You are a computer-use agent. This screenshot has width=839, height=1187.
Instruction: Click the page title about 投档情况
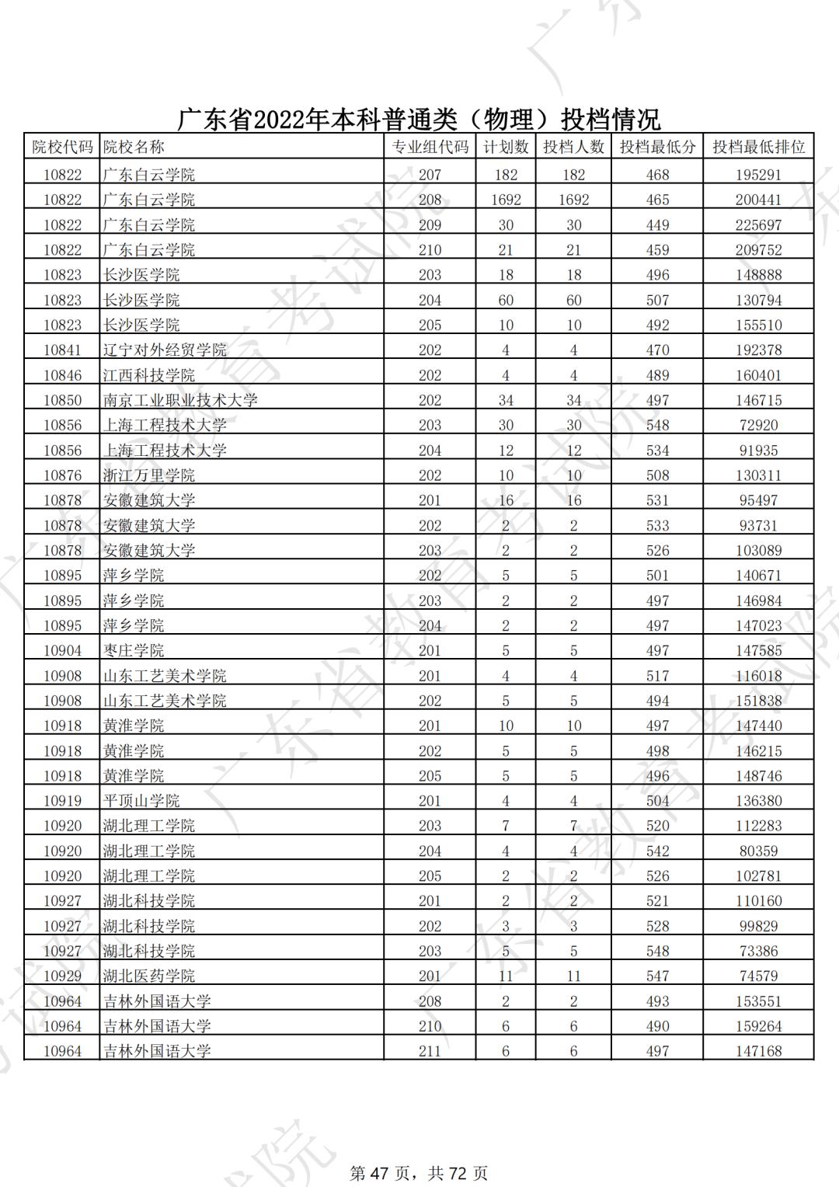click(x=419, y=119)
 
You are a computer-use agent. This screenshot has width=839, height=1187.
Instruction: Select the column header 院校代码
click(x=62, y=147)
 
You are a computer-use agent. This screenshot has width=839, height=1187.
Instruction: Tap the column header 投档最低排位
click(x=758, y=147)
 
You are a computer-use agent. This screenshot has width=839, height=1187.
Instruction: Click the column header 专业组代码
click(x=430, y=147)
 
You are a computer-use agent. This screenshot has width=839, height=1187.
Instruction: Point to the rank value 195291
click(x=758, y=175)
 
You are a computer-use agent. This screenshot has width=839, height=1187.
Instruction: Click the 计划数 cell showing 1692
click(x=506, y=200)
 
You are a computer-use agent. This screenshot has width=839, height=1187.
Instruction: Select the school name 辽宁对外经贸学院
click(x=165, y=350)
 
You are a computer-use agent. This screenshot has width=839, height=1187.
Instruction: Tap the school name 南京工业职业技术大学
click(x=180, y=401)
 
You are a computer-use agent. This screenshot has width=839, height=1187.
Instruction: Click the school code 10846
click(x=62, y=375)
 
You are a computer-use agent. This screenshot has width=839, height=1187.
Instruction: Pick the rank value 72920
click(x=758, y=426)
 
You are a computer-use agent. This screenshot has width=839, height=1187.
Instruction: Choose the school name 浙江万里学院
click(x=149, y=475)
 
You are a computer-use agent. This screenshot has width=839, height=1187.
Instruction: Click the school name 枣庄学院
click(x=134, y=651)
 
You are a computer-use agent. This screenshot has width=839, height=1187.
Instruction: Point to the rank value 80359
click(x=758, y=851)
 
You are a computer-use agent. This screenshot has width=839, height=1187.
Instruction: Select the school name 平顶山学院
click(x=141, y=801)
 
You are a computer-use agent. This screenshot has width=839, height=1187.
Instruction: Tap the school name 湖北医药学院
click(x=149, y=976)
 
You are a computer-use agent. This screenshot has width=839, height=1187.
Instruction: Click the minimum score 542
click(x=657, y=851)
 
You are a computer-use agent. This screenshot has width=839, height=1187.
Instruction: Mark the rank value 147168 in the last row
click(x=758, y=1051)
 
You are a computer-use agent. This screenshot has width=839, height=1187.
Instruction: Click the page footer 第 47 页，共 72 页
click(x=419, y=1172)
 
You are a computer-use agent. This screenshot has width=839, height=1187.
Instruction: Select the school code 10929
click(x=62, y=976)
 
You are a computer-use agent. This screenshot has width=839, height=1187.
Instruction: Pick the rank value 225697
click(x=758, y=225)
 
